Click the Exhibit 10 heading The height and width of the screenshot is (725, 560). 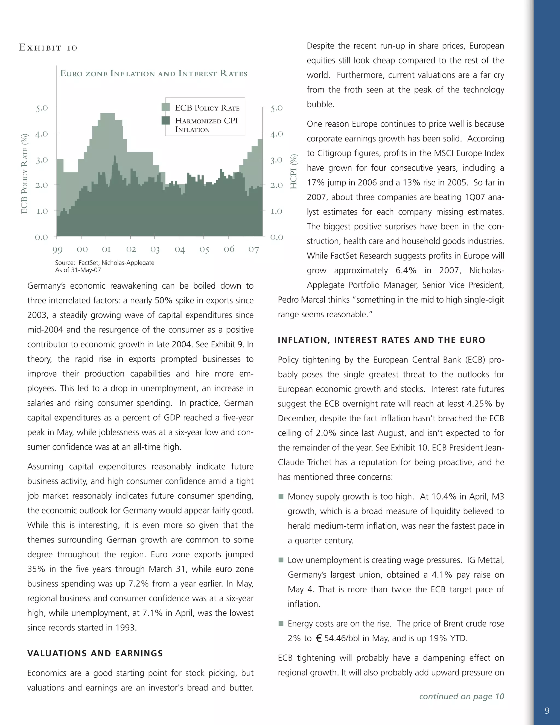point(48,48)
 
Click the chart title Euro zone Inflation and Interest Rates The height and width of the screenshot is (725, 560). point(153,73)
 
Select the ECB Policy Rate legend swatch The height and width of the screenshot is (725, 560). point(165,107)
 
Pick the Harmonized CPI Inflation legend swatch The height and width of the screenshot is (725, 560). point(165,120)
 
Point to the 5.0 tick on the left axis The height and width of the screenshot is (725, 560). point(42,108)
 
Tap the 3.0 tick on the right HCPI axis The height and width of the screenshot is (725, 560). point(276,160)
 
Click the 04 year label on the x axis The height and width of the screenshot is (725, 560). point(179,249)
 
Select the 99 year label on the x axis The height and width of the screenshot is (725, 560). point(57,250)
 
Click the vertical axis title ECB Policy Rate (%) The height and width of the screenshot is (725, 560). point(24,174)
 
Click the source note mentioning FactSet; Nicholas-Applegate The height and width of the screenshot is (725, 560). point(104,263)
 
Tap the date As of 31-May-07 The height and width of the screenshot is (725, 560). point(78,270)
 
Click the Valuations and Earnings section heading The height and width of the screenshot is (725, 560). point(95,653)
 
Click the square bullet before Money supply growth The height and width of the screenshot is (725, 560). point(281,497)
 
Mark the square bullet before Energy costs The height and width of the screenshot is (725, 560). point(281,624)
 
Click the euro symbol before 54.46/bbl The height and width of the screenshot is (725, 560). point(319,638)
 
